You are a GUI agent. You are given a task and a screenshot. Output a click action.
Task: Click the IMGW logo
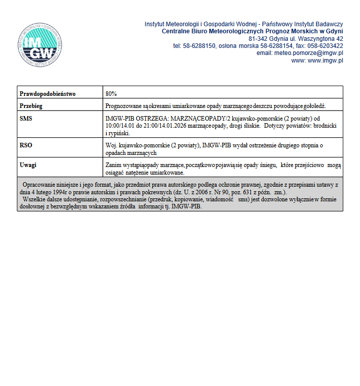(x=40, y=45)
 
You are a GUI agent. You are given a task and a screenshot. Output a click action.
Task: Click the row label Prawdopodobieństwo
(x=47, y=94)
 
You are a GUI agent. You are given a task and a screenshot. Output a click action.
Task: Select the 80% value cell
(x=111, y=94)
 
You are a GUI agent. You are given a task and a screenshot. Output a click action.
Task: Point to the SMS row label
(x=26, y=118)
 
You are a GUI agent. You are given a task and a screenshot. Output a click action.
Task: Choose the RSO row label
(x=26, y=145)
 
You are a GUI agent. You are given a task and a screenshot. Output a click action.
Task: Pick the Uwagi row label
(x=28, y=165)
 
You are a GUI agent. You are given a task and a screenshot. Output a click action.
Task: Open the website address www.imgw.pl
(x=325, y=61)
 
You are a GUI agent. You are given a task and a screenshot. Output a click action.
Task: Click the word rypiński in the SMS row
(x=119, y=133)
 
